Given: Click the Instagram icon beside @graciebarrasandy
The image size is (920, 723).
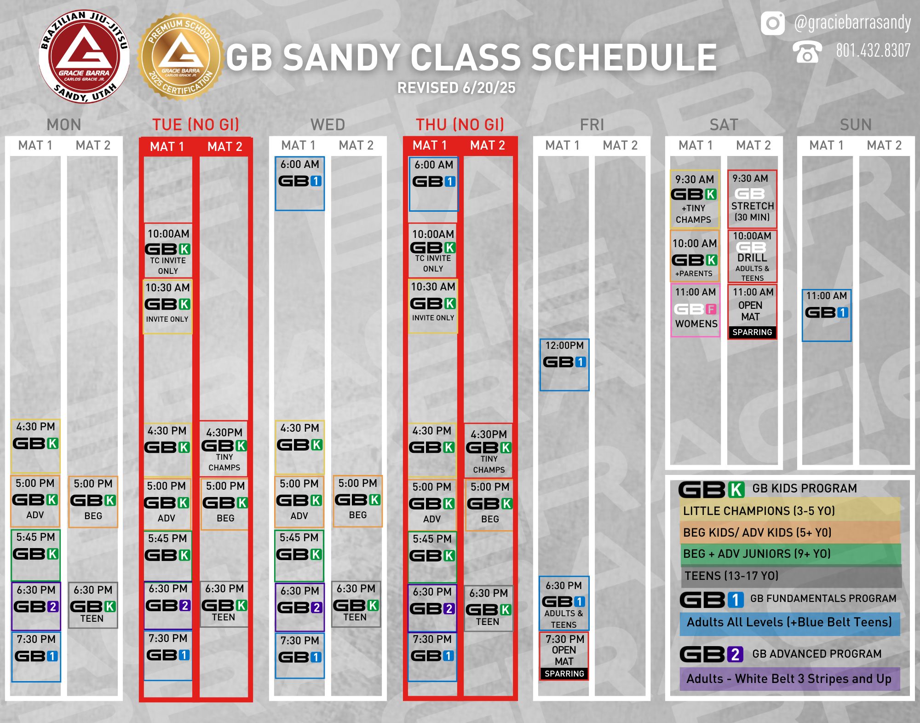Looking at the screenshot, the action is point(773,23).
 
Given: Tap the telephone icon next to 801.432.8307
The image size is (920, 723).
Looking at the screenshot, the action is point(807,52).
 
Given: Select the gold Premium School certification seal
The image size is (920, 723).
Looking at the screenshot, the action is point(181,57).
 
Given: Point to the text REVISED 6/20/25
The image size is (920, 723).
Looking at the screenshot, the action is point(456,88).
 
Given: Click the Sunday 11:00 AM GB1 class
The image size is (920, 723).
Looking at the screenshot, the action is point(827,315).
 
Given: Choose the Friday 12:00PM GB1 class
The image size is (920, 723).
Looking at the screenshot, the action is point(564,364).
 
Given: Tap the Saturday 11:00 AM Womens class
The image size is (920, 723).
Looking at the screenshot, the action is point(696,310).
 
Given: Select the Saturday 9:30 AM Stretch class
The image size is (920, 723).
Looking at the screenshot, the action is point(752,199).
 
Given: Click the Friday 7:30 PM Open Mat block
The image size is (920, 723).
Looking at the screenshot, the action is point(564,656).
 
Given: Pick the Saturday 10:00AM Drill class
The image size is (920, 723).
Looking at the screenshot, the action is point(752,256).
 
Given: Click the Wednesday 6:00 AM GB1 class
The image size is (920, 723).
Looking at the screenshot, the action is point(300,183).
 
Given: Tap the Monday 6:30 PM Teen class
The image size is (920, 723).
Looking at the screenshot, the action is point(93,605).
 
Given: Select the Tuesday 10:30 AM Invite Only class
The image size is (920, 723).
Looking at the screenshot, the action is point(168,306).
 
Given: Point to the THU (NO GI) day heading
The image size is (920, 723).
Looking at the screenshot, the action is point(460,125).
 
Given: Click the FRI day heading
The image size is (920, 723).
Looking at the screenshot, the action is point(592,125).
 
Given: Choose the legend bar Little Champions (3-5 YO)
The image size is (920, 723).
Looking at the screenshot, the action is point(790,510).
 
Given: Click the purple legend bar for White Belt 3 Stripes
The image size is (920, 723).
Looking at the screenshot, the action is point(790,679).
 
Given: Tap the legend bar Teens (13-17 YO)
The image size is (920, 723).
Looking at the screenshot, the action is point(791,576).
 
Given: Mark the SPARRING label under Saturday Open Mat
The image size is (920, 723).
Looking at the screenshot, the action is point(752,332).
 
